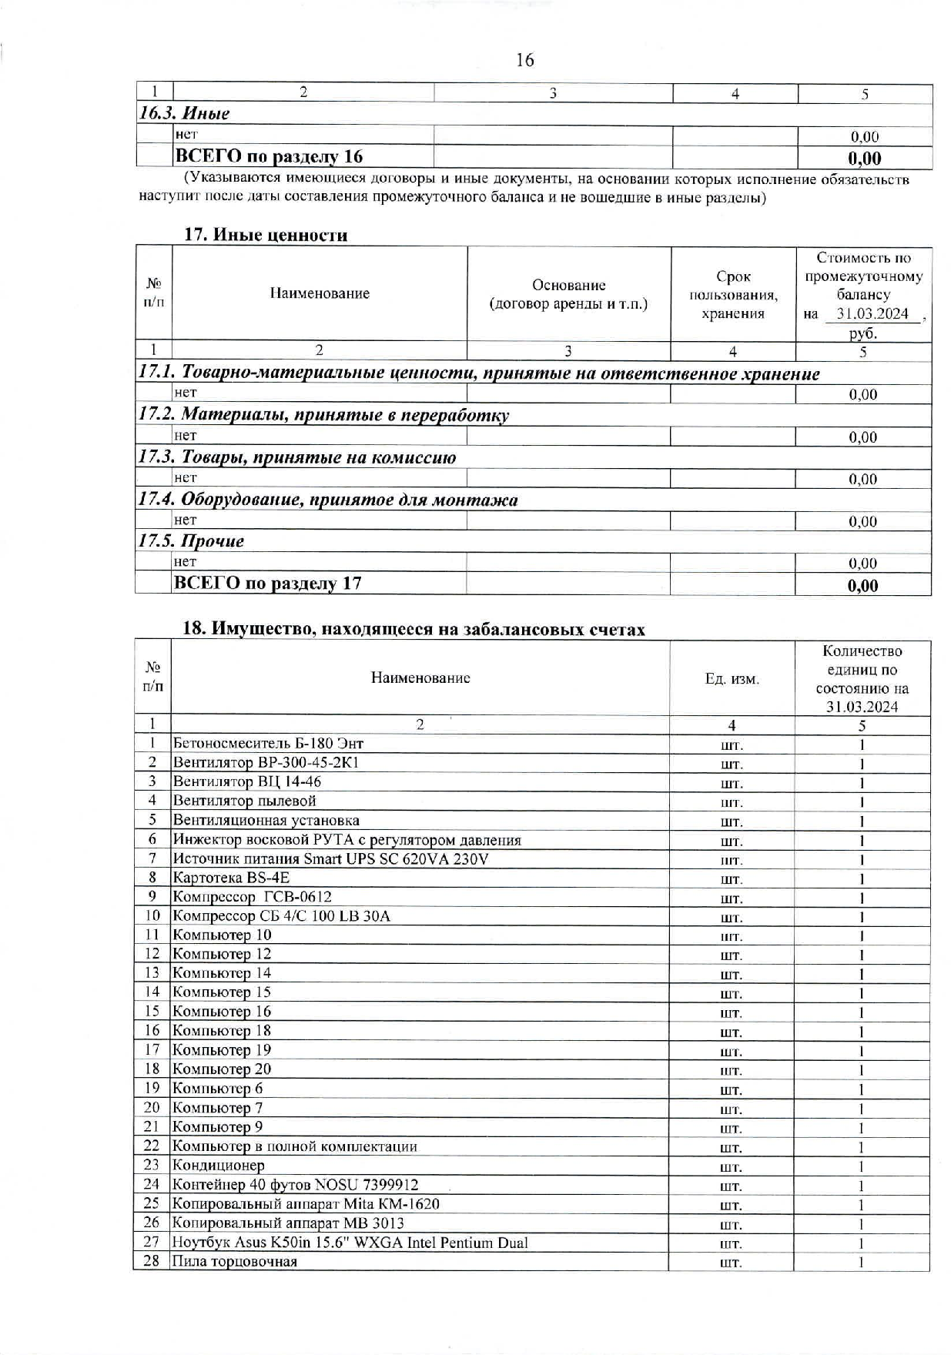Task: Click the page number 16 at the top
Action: pyautogui.click(x=524, y=60)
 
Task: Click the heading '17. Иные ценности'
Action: pyautogui.click(x=265, y=235)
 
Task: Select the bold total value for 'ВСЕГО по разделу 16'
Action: pyautogui.click(x=864, y=159)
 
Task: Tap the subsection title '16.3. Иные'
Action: pyautogui.click(x=185, y=114)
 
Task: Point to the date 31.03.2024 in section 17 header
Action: pyautogui.click(x=872, y=314)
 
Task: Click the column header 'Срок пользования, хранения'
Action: pyautogui.click(x=732, y=295)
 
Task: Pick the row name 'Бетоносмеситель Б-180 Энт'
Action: pyautogui.click(x=268, y=744)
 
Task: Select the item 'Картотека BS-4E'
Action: pyautogui.click(x=231, y=878)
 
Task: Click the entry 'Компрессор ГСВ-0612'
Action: pyautogui.click(x=253, y=897)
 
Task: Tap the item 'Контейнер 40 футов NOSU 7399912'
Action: pyautogui.click(x=295, y=1184)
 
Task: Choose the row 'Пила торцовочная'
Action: pyautogui.click(x=234, y=1261)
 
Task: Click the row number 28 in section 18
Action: pyautogui.click(x=152, y=1261)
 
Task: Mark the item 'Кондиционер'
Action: pyautogui.click(x=218, y=1166)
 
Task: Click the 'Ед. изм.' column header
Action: pyautogui.click(x=732, y=679)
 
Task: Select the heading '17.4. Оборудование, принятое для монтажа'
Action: pyautogui.click(x=327, y=500)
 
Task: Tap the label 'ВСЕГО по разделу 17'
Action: pyautogui.click(x=267, y=584)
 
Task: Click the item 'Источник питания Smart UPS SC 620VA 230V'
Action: pyautogui.click(x=330, y=858)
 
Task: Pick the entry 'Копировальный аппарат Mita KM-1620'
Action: pyautogui.click(x=306, y=1203)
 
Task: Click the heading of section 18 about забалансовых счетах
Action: pyautogui.click(x=413, y=629)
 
